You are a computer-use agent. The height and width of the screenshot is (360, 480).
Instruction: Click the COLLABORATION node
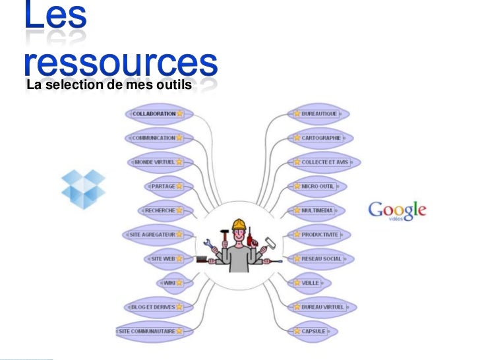click(154, 113)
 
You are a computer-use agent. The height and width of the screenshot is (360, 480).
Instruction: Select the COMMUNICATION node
click(154, 138)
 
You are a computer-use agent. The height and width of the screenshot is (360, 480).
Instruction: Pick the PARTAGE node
click(163, 186)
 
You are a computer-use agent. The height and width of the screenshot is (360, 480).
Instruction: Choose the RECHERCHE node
click(160, 210)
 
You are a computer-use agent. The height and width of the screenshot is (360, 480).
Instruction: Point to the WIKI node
click(169, 283)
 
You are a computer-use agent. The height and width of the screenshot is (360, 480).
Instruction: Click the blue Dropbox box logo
click(83, 189)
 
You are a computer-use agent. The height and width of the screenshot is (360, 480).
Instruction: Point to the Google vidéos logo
click(397, 210)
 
